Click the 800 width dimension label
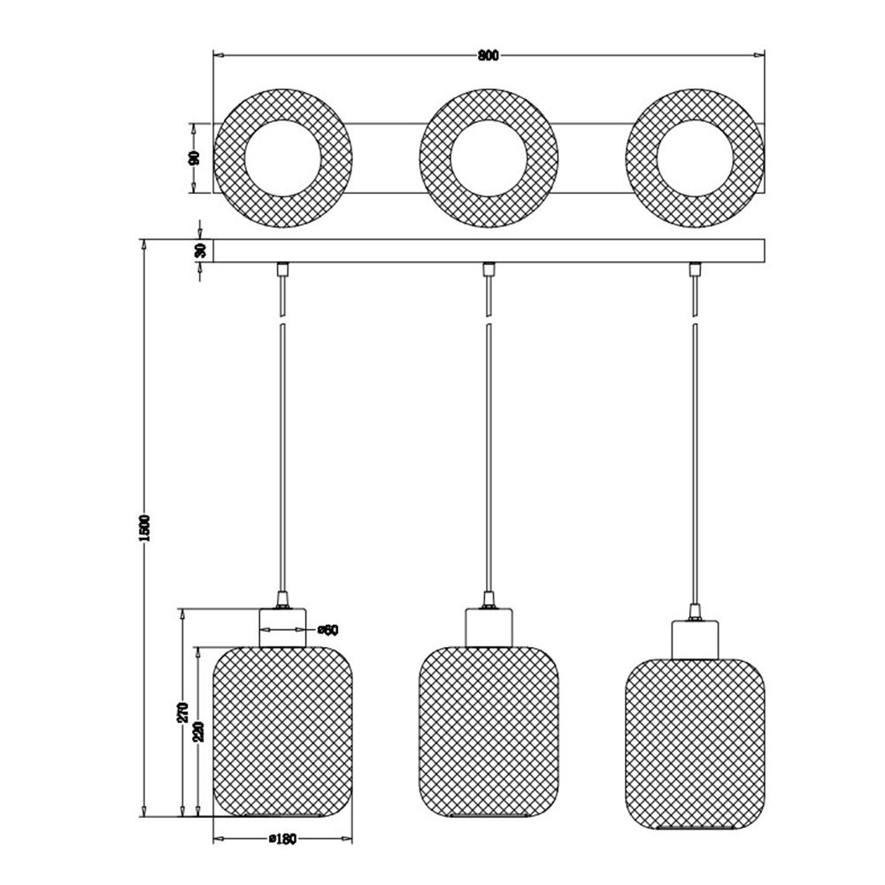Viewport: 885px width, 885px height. pyautogui.click(x=489, y=55)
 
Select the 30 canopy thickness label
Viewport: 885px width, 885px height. pyautogui.click(x=200, y=250)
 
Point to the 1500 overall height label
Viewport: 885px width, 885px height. pyautogui.click(x=144, y=527)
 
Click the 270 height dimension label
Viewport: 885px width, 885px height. pyautogui.click(x=183, y=712)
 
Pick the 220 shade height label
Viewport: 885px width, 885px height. pyautogui.click(x=198, y=731)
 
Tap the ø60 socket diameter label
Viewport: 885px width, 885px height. pyautogui.click(x=327, y=630)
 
